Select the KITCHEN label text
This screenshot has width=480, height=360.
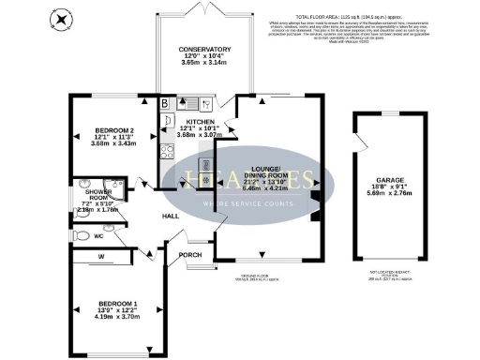(201, 122)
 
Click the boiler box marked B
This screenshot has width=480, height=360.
(164, 103)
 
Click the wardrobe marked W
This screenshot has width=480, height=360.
(100, 256)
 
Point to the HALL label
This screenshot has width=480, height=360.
(171, 217)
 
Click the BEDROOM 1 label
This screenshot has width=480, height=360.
(117, 304)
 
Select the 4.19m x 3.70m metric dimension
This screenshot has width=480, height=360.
(117, 318)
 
